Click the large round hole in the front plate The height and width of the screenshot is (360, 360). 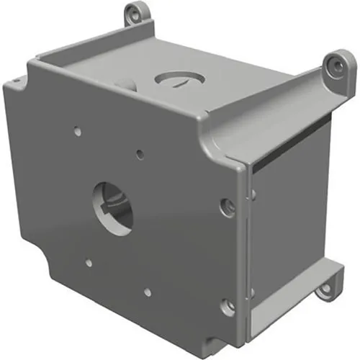coord(113,206)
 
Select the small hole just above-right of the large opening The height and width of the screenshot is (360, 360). coord(140,153)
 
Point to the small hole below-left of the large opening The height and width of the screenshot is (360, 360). coord(89,263)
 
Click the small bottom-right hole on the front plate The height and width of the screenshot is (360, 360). coord(148,292)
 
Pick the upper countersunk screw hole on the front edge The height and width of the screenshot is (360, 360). coord(229,206)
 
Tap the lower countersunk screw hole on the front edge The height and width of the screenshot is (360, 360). coord(228,307)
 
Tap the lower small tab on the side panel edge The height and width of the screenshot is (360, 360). coord(252,292)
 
